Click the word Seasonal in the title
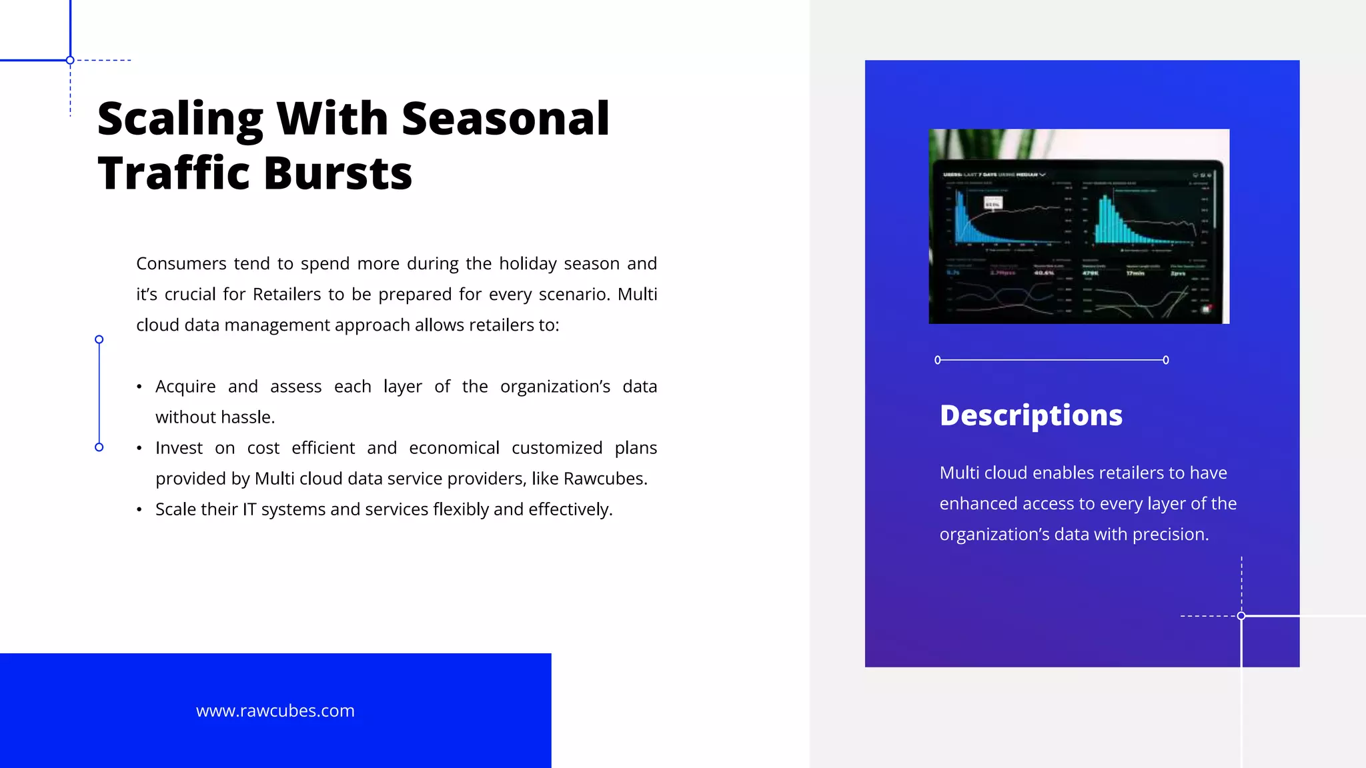(x=505, y=119)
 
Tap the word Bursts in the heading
(x=337, y=173)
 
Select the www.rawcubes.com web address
(x=275, y=711)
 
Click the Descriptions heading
(x=1031, y=415)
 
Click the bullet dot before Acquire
(x=139, y=387)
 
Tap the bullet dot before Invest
(x=139, y=448)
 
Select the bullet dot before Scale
(x=139, y=510)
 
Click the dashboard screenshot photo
(x=1079, y=227)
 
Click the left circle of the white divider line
(x=938, y=360)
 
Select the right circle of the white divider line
(x=1166, y=360)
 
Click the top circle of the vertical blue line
(x=99, y=340)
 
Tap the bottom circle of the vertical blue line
(x=99, y=447)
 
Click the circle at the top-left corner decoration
(x=70, y=61)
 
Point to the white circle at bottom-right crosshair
(x=1241, y=616)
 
